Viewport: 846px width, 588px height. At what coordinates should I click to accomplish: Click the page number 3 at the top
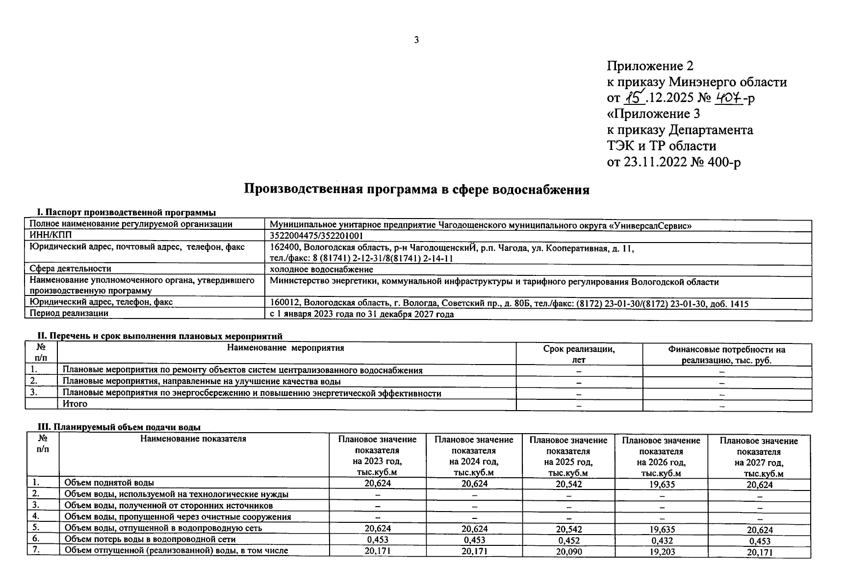(416, 41)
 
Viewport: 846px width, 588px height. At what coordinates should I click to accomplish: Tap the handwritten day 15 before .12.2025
(634, 98)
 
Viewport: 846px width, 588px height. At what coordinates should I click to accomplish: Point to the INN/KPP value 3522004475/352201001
(316, 236)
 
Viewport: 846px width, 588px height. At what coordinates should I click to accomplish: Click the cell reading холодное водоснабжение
(321, 269)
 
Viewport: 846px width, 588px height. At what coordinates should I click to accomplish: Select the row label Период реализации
(69, 313)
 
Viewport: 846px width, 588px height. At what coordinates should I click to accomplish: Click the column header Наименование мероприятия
(286, 348)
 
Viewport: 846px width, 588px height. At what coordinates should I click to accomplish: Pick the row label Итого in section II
(75, 404)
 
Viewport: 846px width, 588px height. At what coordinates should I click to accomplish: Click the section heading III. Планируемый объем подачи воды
(119, 427)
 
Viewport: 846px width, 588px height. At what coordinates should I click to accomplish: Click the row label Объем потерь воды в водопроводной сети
(150, 539)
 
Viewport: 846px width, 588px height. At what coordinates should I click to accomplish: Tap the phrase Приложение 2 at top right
(650, 66)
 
